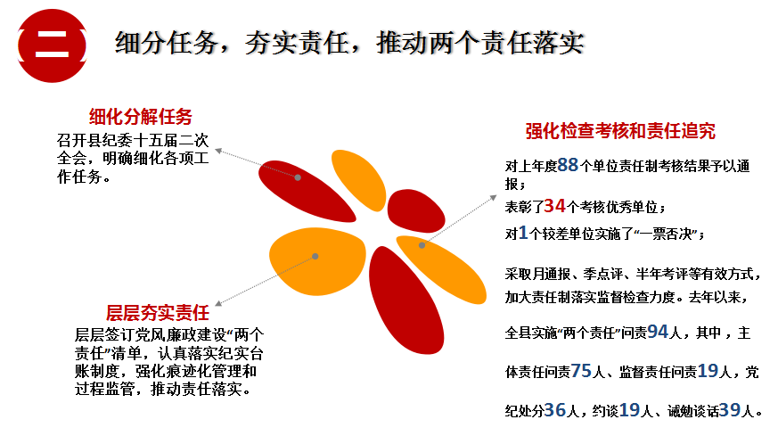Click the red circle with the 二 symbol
click(52, 45)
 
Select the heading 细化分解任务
click(141, 117)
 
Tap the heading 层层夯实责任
click(158, 313)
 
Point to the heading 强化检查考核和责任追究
click(620, 131)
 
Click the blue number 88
click(568, 165)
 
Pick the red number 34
click(554, 206)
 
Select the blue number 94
click(658, 331)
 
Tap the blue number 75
click(581, 370)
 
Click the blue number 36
click(555, 409)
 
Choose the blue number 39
click(730, 409)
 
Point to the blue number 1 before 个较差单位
click(523, 233)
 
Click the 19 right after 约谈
click(630, 409)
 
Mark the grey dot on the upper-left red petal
click(298, 177)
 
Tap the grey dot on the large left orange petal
click(315, 256)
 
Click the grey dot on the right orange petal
click(422, 245)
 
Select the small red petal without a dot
click(415, 210)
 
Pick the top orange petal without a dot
click(358, 179)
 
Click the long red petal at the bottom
click(405, 300)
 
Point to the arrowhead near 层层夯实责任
click(218, 303)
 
